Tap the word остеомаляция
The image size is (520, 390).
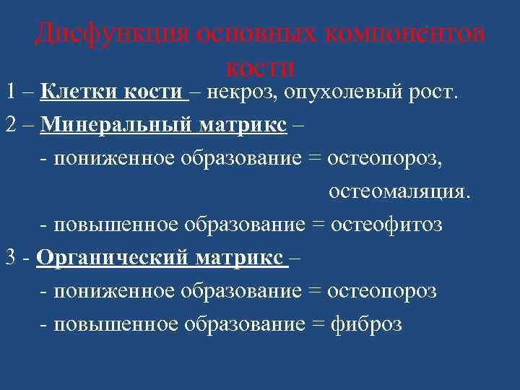tap(399, 191)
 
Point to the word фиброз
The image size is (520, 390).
tap(366, 324)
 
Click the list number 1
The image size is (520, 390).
tap(10, 92)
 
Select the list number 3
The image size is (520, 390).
tap(10, 258)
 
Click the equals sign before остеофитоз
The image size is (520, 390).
tap(317, 225)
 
